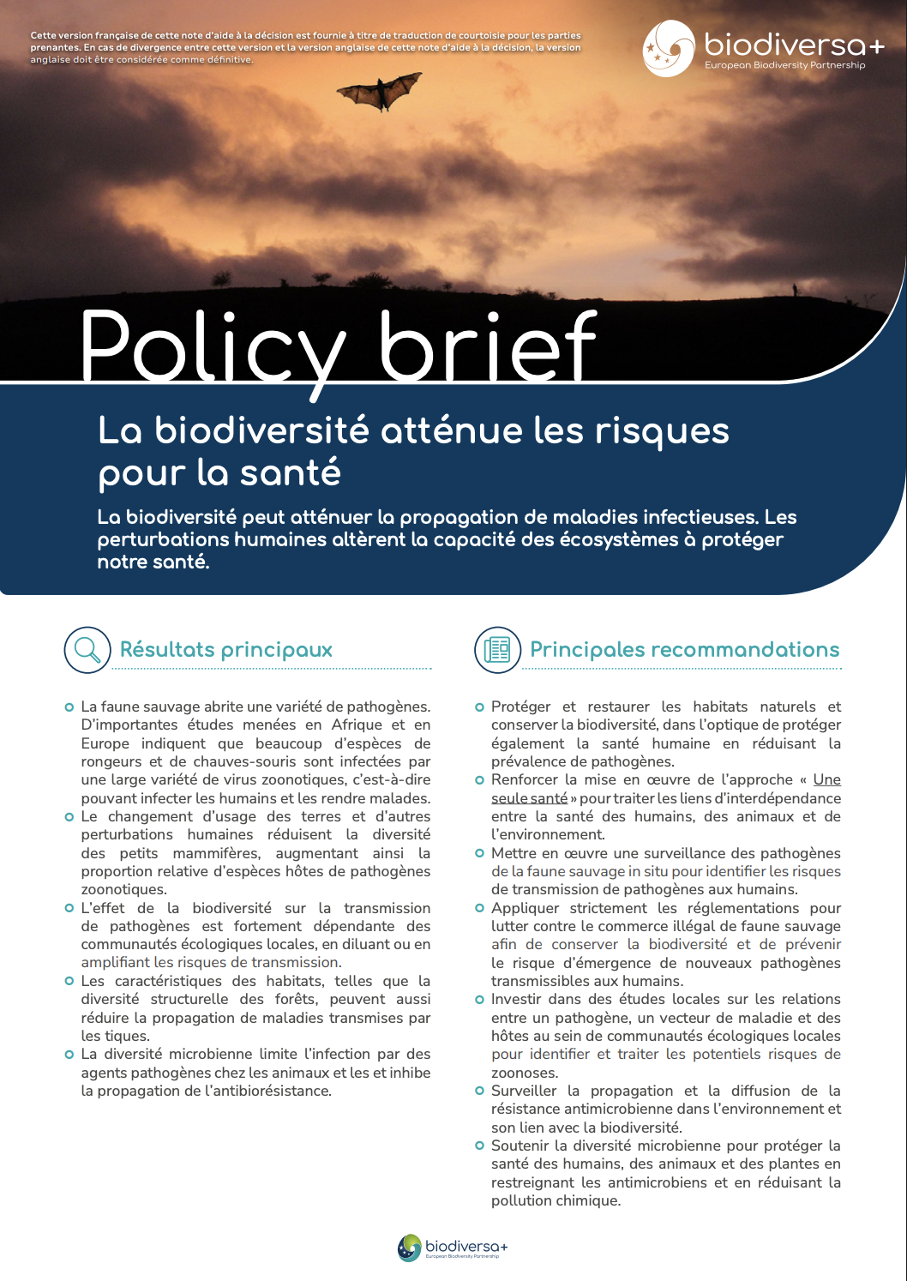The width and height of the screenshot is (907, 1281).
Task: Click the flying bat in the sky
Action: point(379,91)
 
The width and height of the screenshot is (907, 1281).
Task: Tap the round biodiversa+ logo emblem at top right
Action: point(669,48)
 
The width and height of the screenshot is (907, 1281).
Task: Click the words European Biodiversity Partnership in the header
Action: point(784,65)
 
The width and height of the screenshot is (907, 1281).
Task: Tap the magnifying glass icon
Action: point(87,649)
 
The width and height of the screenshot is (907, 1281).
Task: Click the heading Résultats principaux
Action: point(226,650)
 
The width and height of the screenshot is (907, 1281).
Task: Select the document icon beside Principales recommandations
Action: point(497,649)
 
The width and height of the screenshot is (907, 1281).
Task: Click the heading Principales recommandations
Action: point(684,650)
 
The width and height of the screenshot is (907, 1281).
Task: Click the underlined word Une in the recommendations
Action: point(826,779)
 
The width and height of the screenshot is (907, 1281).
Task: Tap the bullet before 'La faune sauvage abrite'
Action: point(69,707)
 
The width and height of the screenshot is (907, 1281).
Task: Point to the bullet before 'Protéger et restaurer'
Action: point(479,707)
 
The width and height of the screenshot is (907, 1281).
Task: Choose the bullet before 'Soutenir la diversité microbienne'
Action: point(479,1146)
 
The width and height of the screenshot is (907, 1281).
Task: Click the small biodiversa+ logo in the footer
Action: point(453,1248)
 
